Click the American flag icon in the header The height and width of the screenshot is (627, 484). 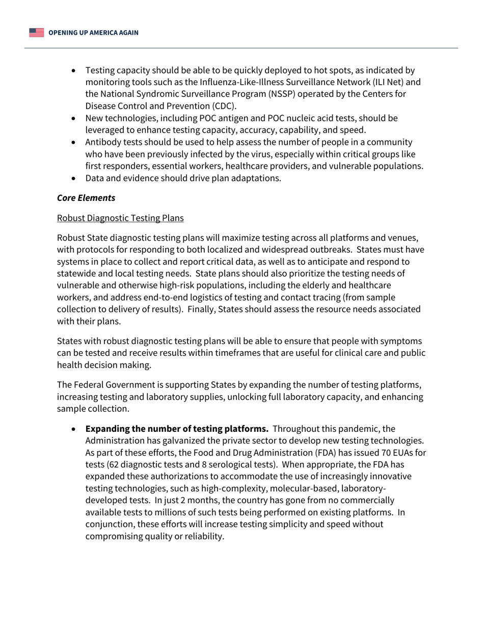pos(36,33)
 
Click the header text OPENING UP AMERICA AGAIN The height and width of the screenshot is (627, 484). pos(93,33)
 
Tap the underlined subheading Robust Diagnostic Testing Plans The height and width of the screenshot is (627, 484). pos(120,218)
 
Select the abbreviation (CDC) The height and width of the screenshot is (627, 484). pos(224,106)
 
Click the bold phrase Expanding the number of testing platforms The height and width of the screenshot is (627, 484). pos(177,429)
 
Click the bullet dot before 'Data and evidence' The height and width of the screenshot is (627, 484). pos(75,178)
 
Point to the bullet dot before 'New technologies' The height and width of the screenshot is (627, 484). pos(75,118)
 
